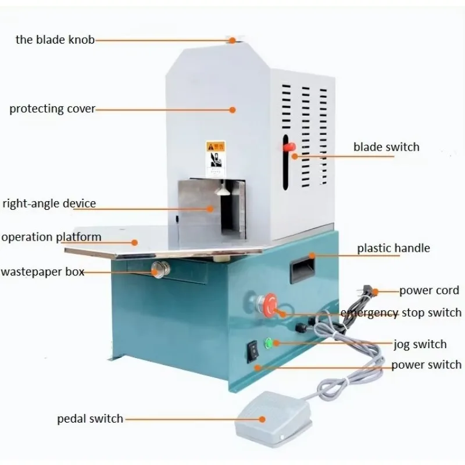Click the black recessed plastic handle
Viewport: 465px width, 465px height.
point(303,269)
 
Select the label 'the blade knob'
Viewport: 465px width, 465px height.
point(55,40)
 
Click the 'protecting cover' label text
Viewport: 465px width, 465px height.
point(52,109)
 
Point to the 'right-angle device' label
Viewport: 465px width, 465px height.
point(49,204)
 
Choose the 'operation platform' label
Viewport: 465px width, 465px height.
point(51,237)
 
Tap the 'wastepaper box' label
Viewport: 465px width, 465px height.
point(42,271)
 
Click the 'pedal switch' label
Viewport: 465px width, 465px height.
point(90,419)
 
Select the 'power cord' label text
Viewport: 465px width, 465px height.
point(429,290)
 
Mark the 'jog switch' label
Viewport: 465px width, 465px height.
point(420,344)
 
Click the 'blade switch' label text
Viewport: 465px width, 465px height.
point(386,147)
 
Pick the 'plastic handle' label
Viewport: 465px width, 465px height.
point(393,248)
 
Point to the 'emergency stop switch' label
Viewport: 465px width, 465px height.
point(401,313)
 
